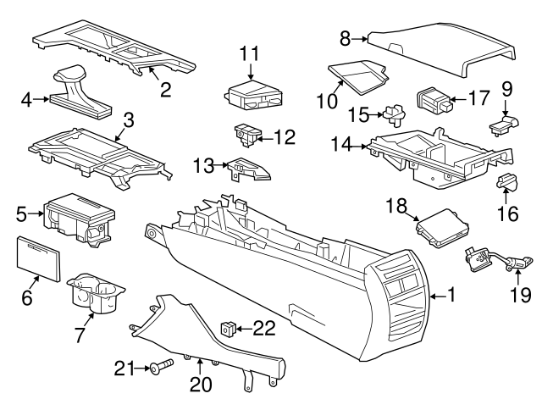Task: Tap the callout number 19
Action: tap(520, 295)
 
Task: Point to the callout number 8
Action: tap(345, 37)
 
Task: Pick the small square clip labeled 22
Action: tap(228, 327)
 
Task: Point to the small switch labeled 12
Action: tap(246, 134)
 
